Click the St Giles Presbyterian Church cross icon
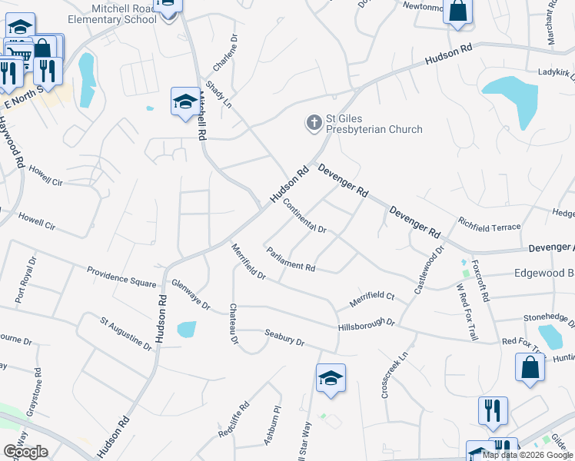313,123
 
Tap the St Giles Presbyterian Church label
374,124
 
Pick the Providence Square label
121,277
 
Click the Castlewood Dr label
428,270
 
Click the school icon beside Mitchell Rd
184,102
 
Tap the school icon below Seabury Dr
331,378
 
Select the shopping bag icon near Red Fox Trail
530,368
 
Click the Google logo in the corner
25,451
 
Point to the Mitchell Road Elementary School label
111,13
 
